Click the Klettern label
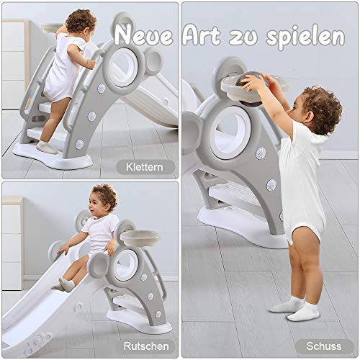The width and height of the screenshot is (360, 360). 145,167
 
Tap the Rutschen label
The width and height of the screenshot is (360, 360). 146,346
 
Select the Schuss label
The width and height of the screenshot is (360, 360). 324,346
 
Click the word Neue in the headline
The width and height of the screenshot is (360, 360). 143,36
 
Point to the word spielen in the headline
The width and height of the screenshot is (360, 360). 305,37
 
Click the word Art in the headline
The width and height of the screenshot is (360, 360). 201,35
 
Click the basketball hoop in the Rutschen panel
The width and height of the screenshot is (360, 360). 140,238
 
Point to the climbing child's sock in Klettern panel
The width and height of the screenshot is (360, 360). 46,147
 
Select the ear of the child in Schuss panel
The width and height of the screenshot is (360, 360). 308,115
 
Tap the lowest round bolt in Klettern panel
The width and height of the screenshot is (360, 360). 79,144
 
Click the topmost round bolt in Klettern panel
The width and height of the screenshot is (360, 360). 102,89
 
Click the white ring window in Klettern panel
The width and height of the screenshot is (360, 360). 123,68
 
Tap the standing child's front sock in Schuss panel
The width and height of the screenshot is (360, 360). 304,312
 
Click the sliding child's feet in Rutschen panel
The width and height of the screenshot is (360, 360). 63,285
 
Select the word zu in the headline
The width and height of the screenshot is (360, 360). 243,37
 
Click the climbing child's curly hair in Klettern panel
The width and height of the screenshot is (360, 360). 81,20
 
